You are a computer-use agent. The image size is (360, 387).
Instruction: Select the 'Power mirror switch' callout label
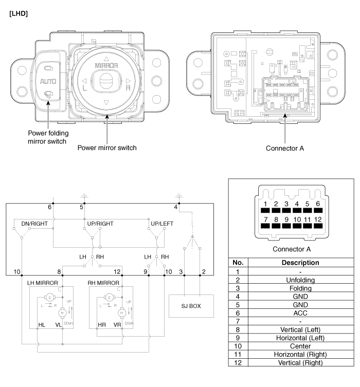[x=106, y=148]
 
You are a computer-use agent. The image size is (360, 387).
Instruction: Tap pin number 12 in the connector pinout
[x=317, y=219]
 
